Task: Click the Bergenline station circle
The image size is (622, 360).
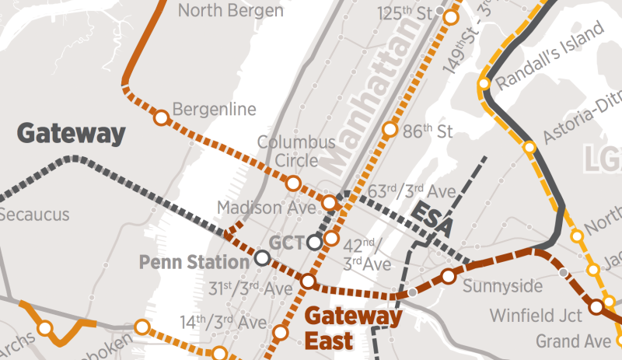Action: [x=161, y=118]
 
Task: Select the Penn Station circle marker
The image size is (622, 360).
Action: [x=263, y=257]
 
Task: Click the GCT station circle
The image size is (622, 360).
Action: [x=314, y=243]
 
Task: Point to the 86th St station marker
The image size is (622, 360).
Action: [x=389, y=130]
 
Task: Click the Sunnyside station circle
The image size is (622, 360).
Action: [x=449, y=276]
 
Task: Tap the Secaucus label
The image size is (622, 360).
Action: [x=34, y=215]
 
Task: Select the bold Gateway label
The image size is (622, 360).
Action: [x=71, y=134]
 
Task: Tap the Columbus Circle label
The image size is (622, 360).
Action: [x=296, y=152]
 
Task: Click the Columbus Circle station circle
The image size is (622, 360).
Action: [x=293, y=183]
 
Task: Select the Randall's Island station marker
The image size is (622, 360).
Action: [x=484, y=83]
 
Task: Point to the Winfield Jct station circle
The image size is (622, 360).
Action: [x=596, y=307]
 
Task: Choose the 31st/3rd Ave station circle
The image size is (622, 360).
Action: [x=308, y=281]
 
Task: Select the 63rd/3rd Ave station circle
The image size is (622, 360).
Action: [x=330, y=203]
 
